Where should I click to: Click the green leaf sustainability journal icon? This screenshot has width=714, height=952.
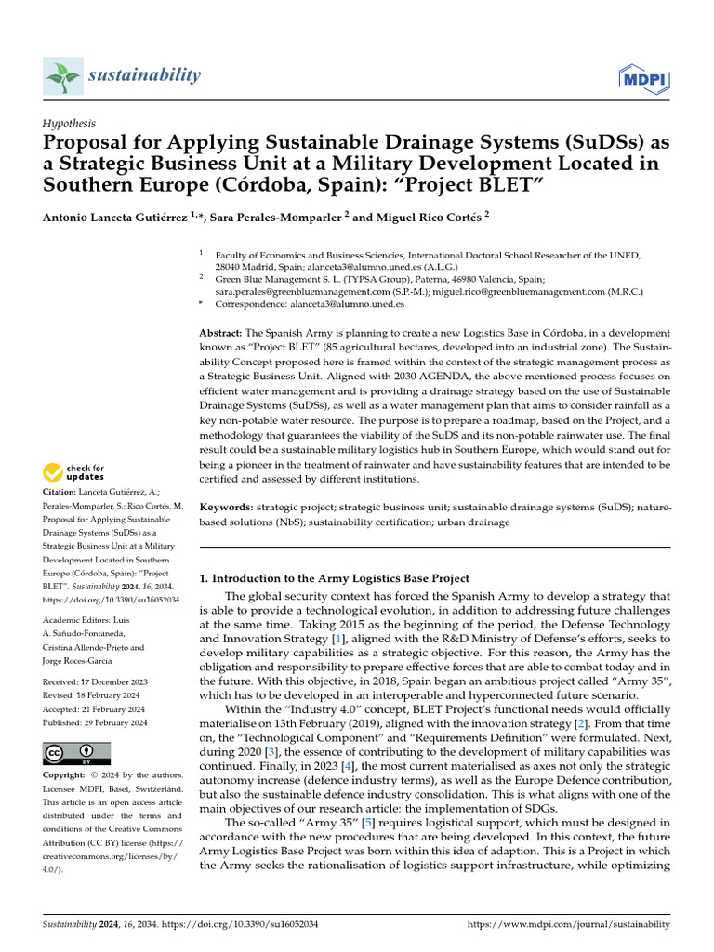coord(62,75)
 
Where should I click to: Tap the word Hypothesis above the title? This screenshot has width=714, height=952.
coord(69,123)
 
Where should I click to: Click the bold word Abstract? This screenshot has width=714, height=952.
coord(221,333)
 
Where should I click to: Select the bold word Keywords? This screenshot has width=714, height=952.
coord(227,508)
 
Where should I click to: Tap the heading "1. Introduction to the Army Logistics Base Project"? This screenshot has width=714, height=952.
coord(335,578)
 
